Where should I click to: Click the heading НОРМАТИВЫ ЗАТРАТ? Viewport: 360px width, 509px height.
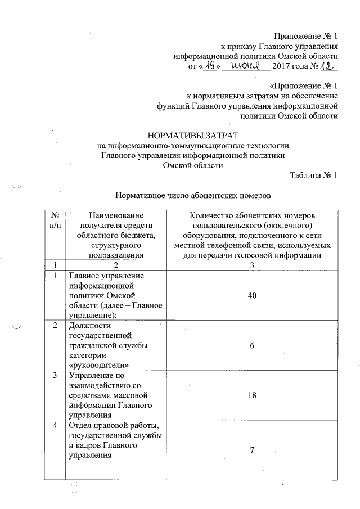coord(192,136)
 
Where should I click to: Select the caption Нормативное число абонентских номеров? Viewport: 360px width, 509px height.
coord(193,196)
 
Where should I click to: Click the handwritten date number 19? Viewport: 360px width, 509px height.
coord(209,66)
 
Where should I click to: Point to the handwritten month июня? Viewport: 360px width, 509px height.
coord(244,67)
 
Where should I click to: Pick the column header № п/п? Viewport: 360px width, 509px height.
coord(55,220)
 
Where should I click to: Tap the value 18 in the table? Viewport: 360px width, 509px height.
coord(252,395)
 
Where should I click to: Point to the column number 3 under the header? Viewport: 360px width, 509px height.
coord(252,265)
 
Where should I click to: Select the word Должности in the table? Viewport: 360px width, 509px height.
coord(89,326)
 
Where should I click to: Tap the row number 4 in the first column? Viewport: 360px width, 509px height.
coord(55,425)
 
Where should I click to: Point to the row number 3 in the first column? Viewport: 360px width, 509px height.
coord(55,375)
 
